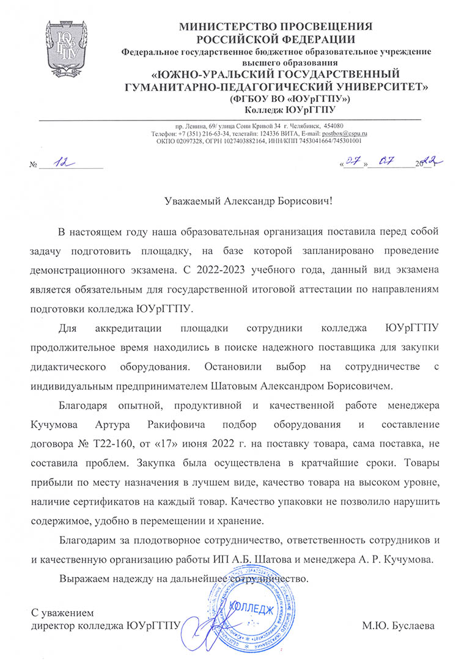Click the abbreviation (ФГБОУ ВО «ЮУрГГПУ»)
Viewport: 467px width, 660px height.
pyautogui.click(x=290, y=99)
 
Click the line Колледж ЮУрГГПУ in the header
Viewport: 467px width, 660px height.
pyautogui.click(x=290, y=110)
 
